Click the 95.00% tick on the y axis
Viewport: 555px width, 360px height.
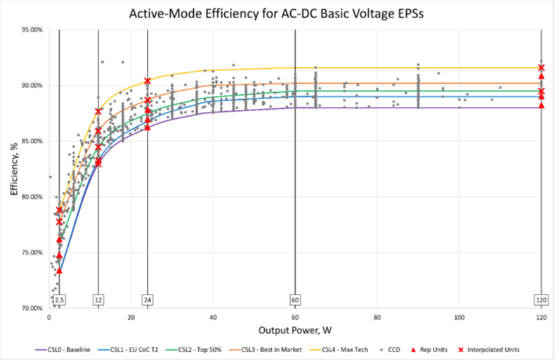point(30,30)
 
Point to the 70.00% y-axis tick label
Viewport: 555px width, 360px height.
point(30,308)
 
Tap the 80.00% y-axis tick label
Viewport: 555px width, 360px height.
point(30,197)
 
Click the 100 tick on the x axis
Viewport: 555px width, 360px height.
point(460,318)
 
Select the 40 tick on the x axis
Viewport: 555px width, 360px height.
point(213,318)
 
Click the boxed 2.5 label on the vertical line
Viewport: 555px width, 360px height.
point(60,300)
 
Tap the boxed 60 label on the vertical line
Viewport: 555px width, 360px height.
point(295,300)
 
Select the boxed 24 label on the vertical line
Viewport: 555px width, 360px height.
point(148,300)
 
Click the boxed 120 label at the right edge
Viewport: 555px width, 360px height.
point(542,300)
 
